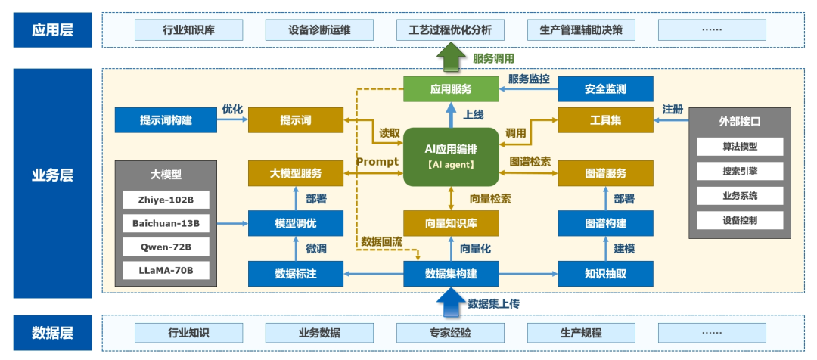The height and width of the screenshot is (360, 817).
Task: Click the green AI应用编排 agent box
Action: coord(451,157)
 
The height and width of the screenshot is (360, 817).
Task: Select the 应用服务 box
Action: coord(451,89)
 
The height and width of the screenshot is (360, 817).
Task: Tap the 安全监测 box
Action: coord(604,89)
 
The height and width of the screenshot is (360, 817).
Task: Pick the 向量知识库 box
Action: coord(451,223)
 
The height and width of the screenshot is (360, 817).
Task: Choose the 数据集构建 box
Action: coord(451,273)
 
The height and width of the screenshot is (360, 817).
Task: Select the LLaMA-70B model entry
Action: coord(166,270)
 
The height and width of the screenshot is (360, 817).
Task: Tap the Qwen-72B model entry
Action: coord(166,247)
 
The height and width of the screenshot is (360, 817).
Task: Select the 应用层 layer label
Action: coord(52,30)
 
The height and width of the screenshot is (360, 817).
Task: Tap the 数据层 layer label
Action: coord(52,333)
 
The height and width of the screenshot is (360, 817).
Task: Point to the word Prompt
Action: coord(377,162)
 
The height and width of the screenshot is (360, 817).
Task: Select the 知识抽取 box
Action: coord(604,273)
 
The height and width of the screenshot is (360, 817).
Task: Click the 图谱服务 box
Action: coord(604,174)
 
